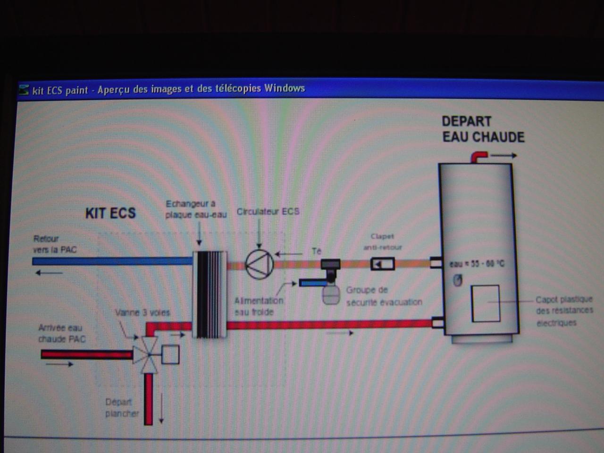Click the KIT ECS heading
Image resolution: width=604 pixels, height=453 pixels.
(x=110, y=213)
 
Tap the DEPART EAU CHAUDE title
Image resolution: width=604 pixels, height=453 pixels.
(x=483, y=129)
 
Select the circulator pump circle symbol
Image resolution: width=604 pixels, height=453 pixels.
(x=259, y=264)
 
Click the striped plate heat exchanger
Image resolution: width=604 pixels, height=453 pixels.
(x=210, y=294)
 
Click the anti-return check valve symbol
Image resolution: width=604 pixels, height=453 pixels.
(x=382, y=264)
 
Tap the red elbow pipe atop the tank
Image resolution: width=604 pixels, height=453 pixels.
(x=478, y=156)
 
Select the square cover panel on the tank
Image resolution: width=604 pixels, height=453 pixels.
(x=486, y=303)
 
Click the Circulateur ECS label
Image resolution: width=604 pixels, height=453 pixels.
(x=268, y=211)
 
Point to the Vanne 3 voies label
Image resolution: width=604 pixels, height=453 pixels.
(x=142, y=312)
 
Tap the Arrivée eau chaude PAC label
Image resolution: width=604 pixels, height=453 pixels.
(x=61, y=333)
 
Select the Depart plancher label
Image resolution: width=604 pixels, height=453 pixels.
(x=122, y=408)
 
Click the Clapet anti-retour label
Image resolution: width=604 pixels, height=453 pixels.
(x=382, y=242)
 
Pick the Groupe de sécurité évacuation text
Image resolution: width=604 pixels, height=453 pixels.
(x=384, y=296)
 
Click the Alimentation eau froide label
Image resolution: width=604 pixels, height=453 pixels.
(x=259, y=306)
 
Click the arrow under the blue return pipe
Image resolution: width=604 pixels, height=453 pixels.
(x=49, y=273)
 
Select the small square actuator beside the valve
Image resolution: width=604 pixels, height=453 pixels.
(x=170, y=354)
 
